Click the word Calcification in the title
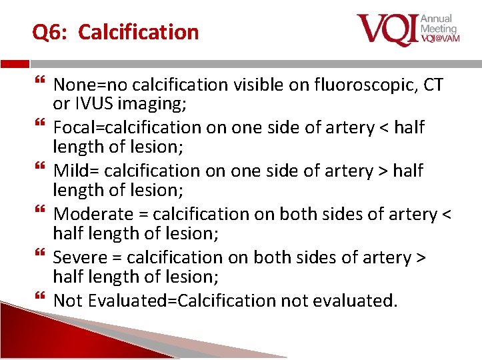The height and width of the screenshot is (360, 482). (x=139, y=32)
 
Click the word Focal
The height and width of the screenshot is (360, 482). (x=72, y=127)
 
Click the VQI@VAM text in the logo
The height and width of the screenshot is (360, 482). (x=439, y=39)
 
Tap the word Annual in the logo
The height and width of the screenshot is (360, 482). (x=437, y=19)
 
